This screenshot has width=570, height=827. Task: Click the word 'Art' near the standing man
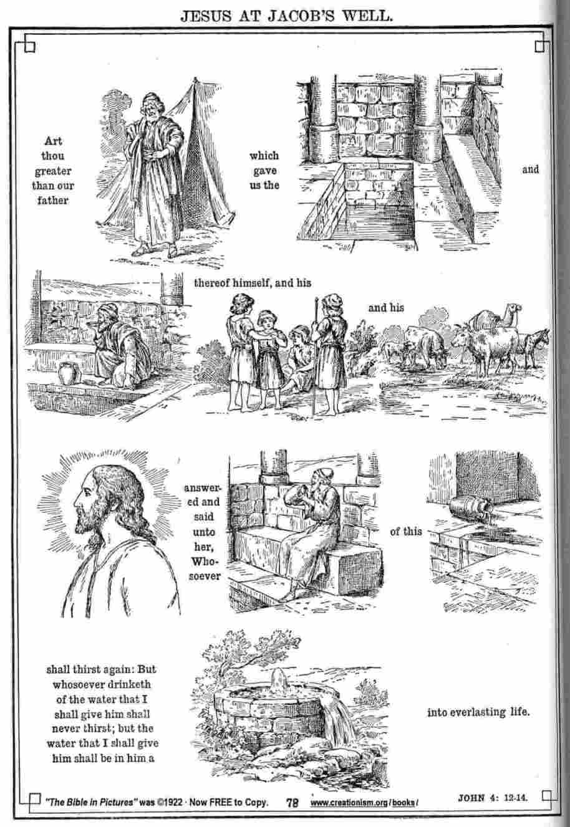pos(53,141)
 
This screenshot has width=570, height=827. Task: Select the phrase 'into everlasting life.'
pos(478,712)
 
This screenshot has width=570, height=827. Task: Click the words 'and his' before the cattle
pos(386,307)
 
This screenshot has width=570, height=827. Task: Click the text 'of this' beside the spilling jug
pos(405,531)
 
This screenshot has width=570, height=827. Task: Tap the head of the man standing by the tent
pos(152,103)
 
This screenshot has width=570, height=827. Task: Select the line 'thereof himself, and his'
pos(253,283)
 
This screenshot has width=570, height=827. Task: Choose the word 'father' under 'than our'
pos(53,201)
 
